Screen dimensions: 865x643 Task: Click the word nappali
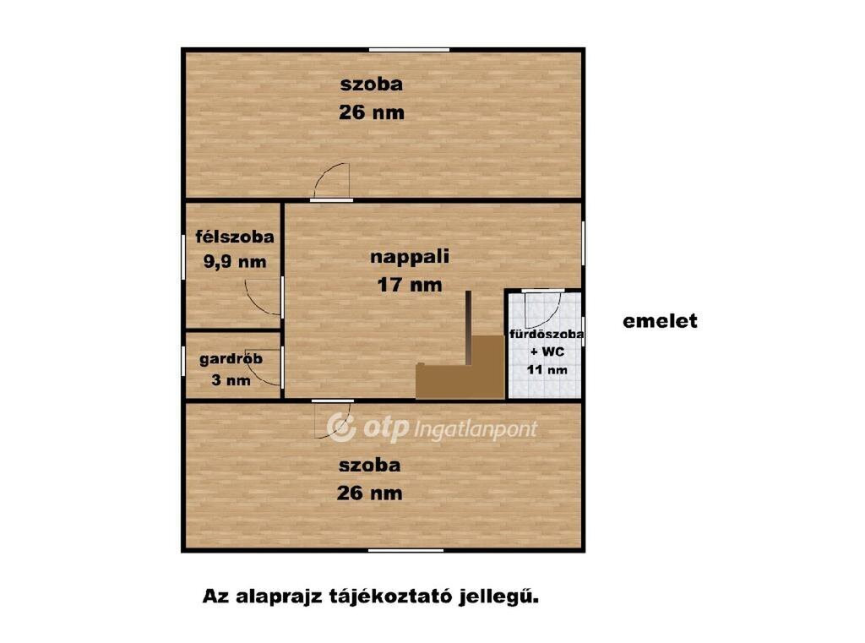pos(410,257)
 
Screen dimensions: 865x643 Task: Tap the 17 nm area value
pos(410,285)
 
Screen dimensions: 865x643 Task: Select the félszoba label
pos(235,237)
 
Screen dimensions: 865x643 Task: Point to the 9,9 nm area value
pos(235,262)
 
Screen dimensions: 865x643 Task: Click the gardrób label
pos(231,359)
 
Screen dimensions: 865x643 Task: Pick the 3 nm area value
pos(231,380)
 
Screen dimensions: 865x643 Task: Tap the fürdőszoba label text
pos(547,334)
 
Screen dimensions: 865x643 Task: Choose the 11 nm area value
pos(547,370)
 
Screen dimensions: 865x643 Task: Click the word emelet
pos(660,321)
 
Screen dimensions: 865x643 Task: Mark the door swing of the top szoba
pos(331,181)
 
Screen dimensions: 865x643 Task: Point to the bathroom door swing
pos(542,309)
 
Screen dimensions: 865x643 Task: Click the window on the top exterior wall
pos(409,50)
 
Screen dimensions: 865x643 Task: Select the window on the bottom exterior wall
pos(406,550)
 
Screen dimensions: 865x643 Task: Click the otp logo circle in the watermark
pos(341,428)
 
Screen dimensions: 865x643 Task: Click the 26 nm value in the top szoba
pos(372,112)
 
